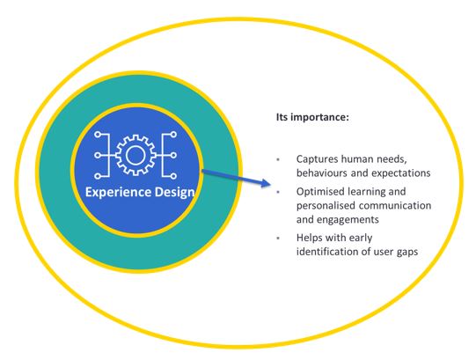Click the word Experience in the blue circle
(118, 193)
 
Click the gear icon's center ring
(135, 155)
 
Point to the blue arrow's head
(266, 183)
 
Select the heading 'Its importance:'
(312, 117)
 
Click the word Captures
(317, 159)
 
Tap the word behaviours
(322, 173)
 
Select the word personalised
(326, 206)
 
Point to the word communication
(395, 206)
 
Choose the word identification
(327, 252)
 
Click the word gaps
(407, 253)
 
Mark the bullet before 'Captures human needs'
(278, 159)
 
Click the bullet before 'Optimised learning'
(278, 192)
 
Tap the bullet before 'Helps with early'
(278, 239)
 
